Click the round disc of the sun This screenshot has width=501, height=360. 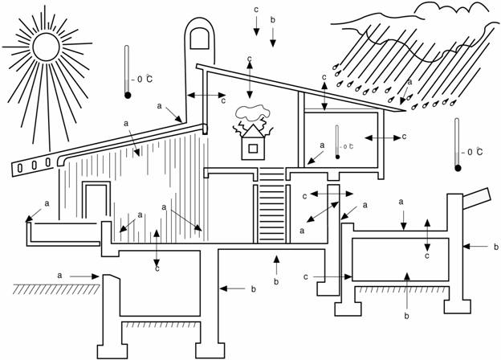click(46, 47)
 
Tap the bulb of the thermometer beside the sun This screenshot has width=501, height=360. click(128, 96)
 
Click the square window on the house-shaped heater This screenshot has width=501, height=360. click(253, 148)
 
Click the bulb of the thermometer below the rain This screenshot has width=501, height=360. click(458, 167)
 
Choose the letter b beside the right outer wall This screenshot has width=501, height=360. click(496, 247)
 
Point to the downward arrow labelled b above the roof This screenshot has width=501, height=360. click(273, 35)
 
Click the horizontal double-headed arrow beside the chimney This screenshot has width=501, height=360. click(204, 96)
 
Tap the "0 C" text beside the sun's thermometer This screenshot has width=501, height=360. click(145, 79)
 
